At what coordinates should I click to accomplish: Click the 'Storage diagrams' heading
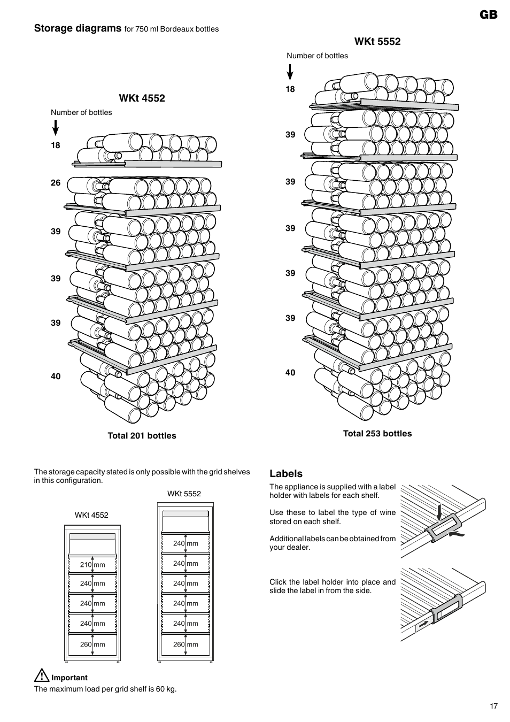pyautogui.click(x=78, y=28)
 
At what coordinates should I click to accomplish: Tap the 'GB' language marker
pyautogui.click(x=488, y=15)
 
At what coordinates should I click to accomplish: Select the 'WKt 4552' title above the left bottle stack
pyautogui.click(x=142, y=98)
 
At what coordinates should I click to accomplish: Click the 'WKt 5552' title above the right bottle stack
pyautogui.click(x=377, y=42)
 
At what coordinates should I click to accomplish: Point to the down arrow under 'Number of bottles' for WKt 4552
pyautogui.click(x=55, y=128)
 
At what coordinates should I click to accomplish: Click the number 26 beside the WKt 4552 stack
pyautogui.click(x=56, y=183)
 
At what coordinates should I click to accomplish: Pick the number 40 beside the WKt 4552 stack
pyautogui.click(x=56, y=377)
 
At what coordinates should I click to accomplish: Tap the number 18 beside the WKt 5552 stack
pyautogui.click(x=290, y=89)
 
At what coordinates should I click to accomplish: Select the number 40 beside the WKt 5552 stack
pyautogui.click(x=290, y=373)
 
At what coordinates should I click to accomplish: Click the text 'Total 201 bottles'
pyautogui.click(x=142, y=436)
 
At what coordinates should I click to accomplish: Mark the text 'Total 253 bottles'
pyautogui.click(x=377, y=434)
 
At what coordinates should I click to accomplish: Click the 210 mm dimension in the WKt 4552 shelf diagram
pyautogui.click(x=92, y=565)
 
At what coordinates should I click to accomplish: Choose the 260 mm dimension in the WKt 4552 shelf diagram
pyautogui.click(x=92, y=644)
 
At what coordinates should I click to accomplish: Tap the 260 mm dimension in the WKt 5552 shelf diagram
pyautogui.click(x=186, y=644)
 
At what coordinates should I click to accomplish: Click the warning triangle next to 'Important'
pyautogui.click(x=41, y=676)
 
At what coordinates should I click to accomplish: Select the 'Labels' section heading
pyautogui.click(x=286, y=474)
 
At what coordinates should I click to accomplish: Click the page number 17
pyautogui.click(x=493, y=706)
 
